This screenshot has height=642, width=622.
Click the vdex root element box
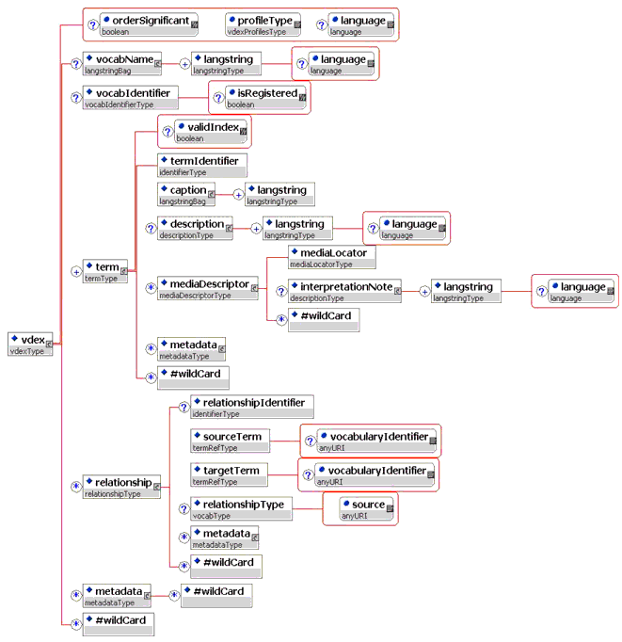(29, 345)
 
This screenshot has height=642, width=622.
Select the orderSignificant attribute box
(149, 24)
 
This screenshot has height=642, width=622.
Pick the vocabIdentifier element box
(131, 98)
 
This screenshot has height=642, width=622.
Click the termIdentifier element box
(201, 166)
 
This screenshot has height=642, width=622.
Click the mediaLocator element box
(333, 257)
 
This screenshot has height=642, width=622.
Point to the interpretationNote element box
(344, 291)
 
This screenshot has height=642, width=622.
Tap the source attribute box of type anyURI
(363, 508)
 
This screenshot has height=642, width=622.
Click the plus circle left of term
(76, 272)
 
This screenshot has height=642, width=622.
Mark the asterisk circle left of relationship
(76, 487)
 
